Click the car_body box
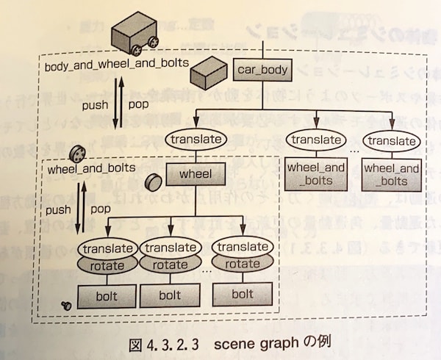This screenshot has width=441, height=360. coord(262,71)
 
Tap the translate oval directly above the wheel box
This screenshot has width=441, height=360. coord(195,139)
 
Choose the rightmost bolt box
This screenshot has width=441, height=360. coord(243,294)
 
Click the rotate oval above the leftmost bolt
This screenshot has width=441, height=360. coord(107,265)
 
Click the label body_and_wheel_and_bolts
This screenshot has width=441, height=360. coord(116,64)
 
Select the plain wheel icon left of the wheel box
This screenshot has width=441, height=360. coord(153,181)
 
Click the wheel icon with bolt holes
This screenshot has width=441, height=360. coord(75,154)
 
